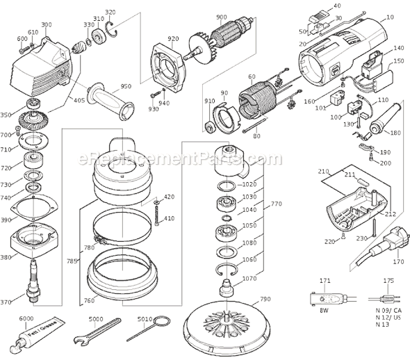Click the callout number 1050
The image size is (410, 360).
click(x=250, y=226)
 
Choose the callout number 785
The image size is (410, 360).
click(x=70, y=263)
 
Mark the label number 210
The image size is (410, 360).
click(x=324, y=170)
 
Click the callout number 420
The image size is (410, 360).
click(x=169, y=197)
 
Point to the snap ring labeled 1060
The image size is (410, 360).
click(x=227, y=267)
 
